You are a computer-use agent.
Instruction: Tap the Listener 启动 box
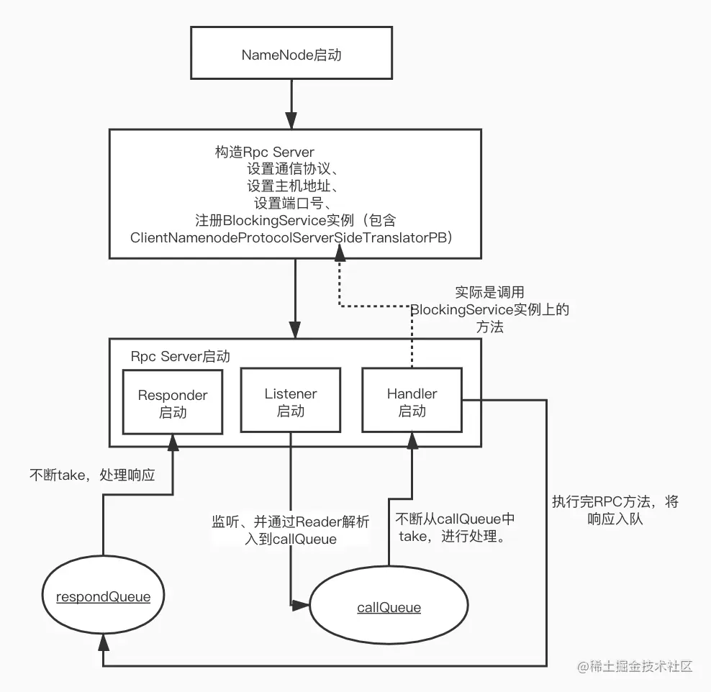point(290,401)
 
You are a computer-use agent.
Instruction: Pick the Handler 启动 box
point(412,401)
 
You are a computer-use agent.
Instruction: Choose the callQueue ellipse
point(389,608)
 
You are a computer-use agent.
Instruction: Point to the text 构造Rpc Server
point(264,152)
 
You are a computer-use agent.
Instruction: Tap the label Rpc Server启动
point(181,356)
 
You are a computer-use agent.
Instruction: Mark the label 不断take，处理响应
point(91,475)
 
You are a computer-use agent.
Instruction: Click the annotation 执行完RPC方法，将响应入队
point(615,509)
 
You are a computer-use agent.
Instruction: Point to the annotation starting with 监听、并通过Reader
point(290,530)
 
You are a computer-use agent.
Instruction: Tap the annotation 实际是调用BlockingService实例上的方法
point(489,309)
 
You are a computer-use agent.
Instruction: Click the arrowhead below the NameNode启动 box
point(291,120)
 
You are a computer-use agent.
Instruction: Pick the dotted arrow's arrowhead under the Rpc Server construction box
point(338,265)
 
